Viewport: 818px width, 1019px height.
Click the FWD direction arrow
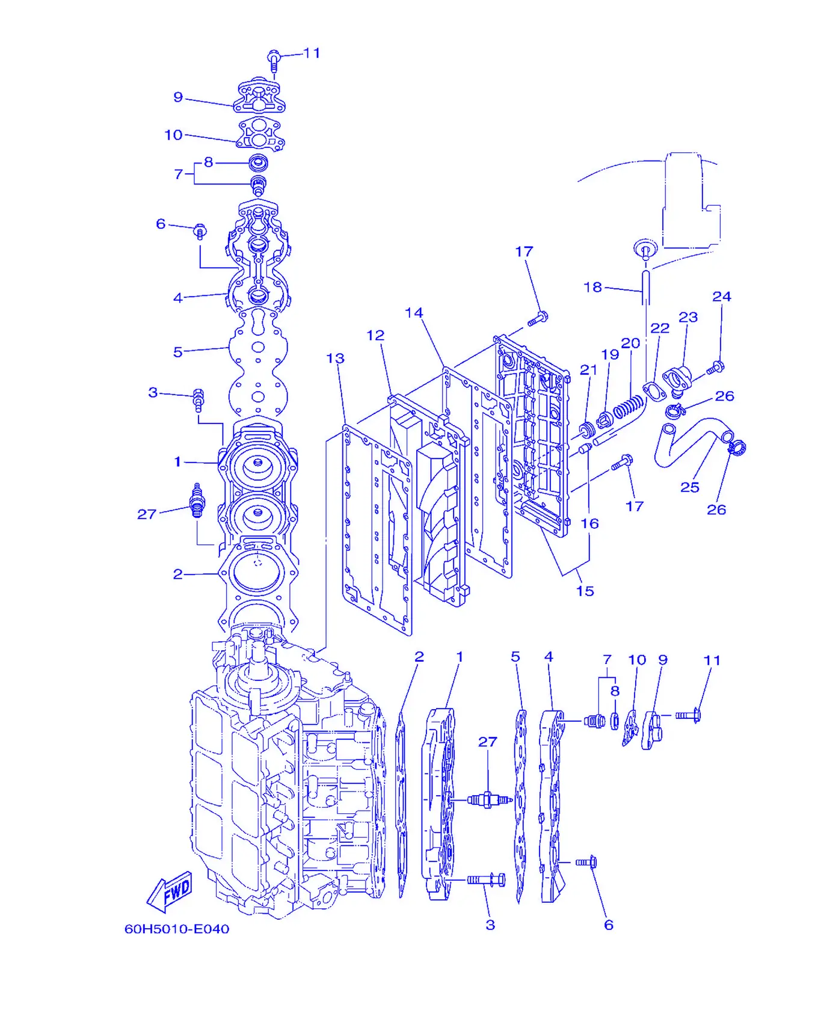[170, 891]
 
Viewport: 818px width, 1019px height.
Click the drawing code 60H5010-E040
[177, 929]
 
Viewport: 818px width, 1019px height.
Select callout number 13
[335, 359]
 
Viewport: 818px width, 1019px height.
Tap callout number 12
[375, 335]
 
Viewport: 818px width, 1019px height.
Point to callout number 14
[414, 313]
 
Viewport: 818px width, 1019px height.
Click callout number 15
[585, 591]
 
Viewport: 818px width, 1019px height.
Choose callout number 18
[592, 288]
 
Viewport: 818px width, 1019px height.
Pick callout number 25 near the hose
[689, 487]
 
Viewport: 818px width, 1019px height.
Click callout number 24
[722, 297]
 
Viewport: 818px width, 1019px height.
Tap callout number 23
[688, 317]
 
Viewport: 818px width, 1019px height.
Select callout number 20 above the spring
[630, 343]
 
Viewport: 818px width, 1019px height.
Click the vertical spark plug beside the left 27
[197, 500]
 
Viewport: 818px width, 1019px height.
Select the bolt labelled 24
[715, 368]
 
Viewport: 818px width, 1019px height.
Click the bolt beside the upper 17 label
[538, 318]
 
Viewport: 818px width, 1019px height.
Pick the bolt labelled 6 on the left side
[200, 231]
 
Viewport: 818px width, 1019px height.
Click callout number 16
[589, 523]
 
